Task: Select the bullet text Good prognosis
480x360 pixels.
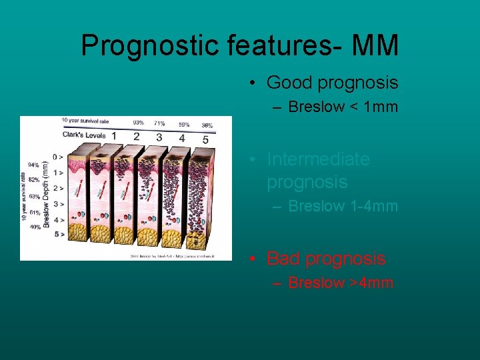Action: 332,83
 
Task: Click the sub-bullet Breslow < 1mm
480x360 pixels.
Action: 343,107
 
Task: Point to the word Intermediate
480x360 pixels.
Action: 318,159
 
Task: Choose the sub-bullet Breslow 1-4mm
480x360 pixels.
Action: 343,207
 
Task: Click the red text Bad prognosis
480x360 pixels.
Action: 326,258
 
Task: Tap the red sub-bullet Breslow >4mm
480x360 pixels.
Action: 341,283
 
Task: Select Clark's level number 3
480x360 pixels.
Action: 159,137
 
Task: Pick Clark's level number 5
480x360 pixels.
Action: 205,139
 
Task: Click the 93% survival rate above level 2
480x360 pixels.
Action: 138,122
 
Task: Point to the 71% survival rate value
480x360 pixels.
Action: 159,123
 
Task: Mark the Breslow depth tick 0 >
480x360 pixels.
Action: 59,157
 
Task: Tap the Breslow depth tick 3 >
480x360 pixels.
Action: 59,203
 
